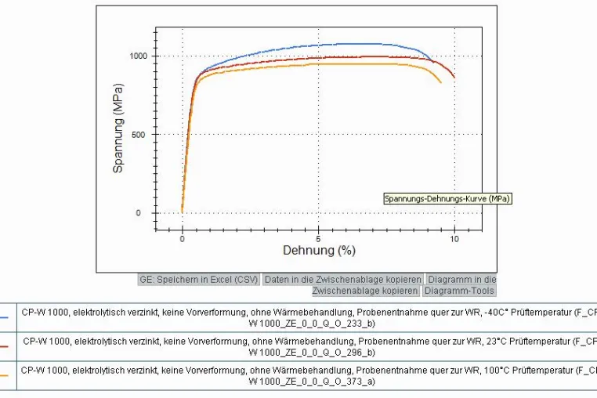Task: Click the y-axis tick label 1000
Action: (138, 56)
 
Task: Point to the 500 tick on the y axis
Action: (138, 135)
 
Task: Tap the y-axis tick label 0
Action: (138, 213)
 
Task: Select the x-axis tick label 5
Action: (318, 239)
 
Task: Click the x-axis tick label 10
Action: (454, 239)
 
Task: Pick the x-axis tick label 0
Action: (183, 239)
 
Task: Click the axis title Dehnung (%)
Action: (319, 250)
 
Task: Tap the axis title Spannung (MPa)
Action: (118, 128)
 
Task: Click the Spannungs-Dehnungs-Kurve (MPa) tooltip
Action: (447, 198)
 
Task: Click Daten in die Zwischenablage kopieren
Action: (342, 280)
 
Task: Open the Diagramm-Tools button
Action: (459, 291)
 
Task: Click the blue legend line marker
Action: (4, 317)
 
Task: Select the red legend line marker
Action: (4, 346)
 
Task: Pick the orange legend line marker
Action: (4, 375)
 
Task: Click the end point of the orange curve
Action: (441, 82)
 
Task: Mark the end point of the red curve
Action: (454, 78)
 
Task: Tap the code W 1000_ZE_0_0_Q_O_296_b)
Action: (312, 353)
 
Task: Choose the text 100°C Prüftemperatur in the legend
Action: (529, 371)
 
